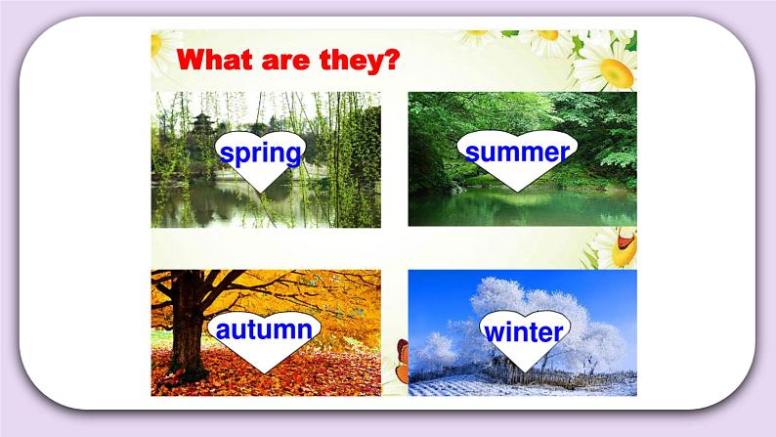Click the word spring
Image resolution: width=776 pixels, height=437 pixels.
(260, 153)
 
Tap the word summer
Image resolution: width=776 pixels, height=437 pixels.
(517, 153)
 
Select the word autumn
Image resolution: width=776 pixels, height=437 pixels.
(263, 329)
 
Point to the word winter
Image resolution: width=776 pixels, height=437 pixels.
(523, 331)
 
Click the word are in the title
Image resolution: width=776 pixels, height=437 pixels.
(288, 62)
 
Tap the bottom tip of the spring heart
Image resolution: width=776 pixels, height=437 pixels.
(261, 193)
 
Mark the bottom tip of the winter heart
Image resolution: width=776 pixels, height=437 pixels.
(523, 371)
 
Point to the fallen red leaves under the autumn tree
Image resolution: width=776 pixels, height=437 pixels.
(293, 381)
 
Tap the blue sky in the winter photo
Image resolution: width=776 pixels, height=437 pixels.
(440, 288)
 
